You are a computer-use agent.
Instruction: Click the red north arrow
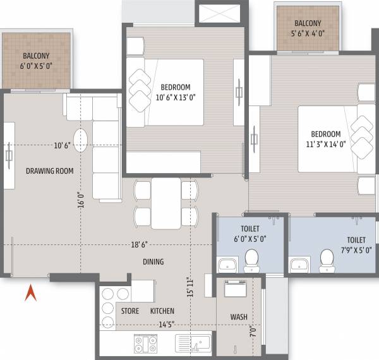(30, 294)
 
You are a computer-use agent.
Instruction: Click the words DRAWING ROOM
(49, 171)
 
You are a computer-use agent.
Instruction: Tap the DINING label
(153, 261)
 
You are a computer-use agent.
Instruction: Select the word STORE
(130, 311)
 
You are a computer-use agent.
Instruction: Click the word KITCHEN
(162, 311)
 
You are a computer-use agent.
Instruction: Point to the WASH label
(238, 317)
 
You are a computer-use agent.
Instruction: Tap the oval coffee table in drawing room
(81, 139)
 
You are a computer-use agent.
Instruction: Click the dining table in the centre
(166, 203)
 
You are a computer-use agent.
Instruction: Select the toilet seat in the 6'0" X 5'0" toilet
(251, 258)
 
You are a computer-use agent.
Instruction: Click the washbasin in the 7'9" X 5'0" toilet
(299, 263)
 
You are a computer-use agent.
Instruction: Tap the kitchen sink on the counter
(194, 344)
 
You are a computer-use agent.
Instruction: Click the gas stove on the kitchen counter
(145, 344)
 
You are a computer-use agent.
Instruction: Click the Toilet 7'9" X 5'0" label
(355, 244)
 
